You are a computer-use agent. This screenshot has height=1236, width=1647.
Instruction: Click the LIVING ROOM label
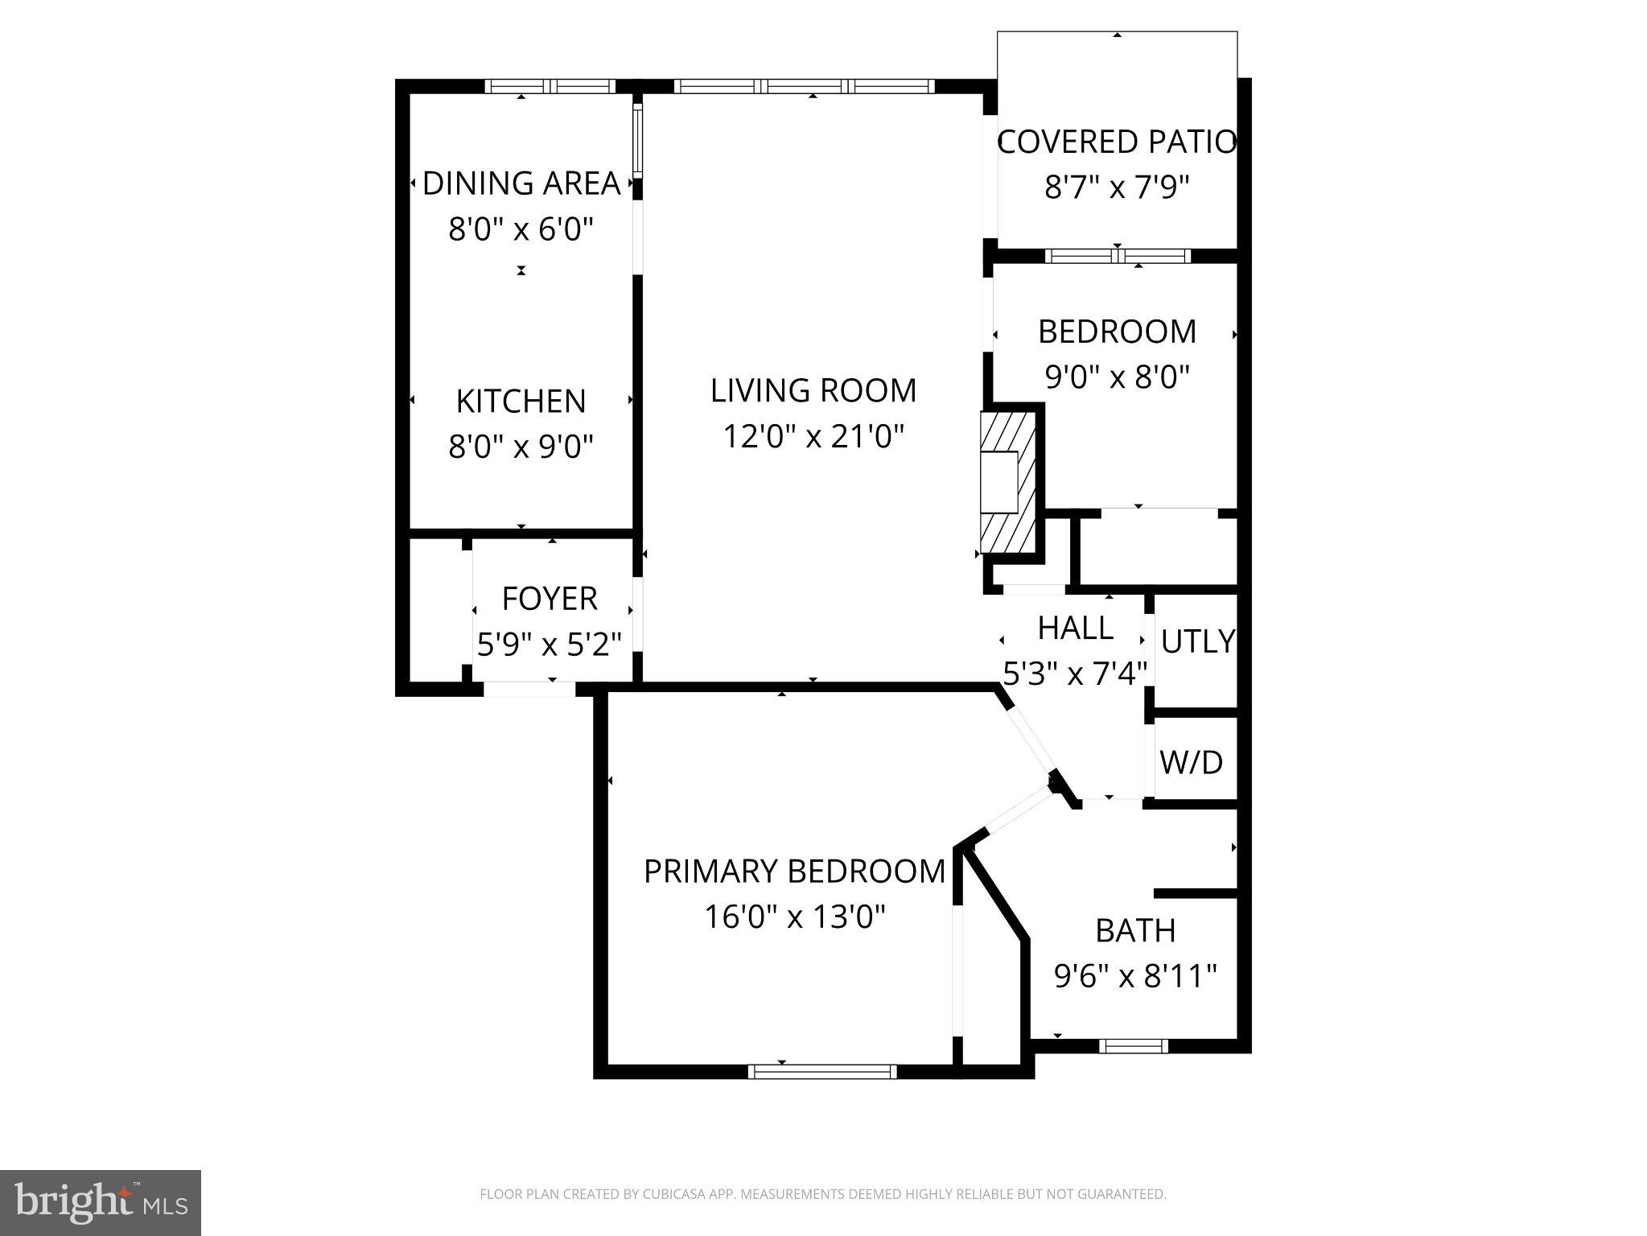click(x=813, y=391)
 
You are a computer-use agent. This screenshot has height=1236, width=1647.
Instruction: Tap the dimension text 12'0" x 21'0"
click(x=813, y=437)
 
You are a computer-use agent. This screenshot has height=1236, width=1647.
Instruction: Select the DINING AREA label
click(x=521, y=183)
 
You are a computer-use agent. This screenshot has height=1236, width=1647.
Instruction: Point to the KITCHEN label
click(x=521, y=402)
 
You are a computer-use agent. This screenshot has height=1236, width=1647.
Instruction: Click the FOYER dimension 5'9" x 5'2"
click(x=550, y=645)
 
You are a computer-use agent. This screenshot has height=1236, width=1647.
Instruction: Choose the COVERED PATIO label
click(x=1116, y=142)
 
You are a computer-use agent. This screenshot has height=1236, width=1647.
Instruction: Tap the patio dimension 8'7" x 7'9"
click(x=1116, y=187)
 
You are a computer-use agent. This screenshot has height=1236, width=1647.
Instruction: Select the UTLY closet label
click(x=1197, y=641)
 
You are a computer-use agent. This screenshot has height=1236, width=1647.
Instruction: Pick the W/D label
click(x=1191, y=761)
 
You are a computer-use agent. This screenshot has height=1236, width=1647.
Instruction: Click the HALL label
click(x=1075, y=628)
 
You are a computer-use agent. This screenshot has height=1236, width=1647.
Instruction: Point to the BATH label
click(x=1134, y=931)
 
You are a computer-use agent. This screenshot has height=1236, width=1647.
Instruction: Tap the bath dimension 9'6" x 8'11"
click(x=1134, y=976)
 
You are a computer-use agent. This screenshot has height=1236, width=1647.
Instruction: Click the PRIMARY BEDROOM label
click(x=794, y=871)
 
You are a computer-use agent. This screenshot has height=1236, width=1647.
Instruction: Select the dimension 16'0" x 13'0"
click(x=794, y=917)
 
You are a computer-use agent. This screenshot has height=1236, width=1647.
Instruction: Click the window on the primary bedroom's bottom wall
click(x=821, y=1071)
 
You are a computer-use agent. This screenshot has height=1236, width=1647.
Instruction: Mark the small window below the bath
click(x=1133, y=1046)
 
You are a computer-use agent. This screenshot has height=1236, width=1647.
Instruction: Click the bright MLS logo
click(x=100, y=1203)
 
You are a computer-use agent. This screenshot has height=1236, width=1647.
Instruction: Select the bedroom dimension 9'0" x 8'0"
click(x=1116, y=377)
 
